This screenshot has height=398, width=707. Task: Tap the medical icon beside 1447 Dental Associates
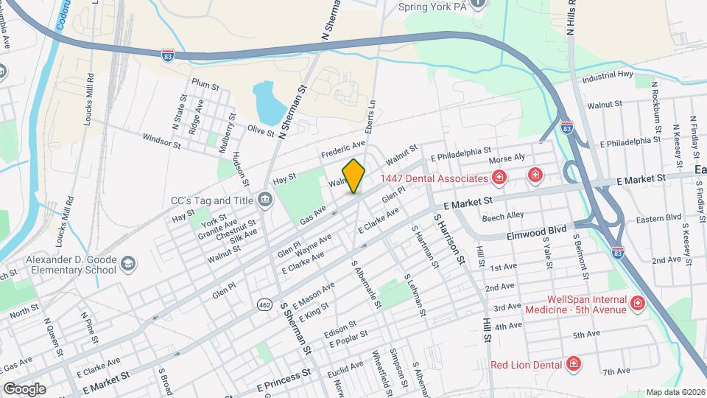point(499,178)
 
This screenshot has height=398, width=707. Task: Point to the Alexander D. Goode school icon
point(129,264)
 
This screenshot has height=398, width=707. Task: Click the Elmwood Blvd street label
point(536,232)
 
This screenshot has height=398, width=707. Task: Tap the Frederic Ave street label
point(343,149)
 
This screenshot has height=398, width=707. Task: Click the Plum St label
point(205,85)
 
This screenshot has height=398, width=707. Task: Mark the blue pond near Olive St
point(269,104)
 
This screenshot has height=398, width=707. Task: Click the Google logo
point(24,388)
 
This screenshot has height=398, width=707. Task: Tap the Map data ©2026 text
point(675,392)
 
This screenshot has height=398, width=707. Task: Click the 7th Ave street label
point(617,372)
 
